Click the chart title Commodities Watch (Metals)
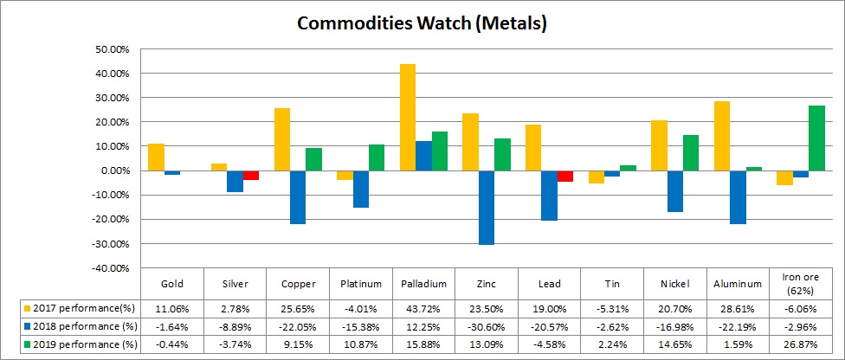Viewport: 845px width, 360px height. click(422, 23)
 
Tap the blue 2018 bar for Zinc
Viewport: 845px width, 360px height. click(487, 208)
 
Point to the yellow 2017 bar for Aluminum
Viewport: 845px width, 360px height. click(721, 136)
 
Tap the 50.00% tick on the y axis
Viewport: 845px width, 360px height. click(110, 49)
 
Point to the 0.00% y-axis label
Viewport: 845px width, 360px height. click(113, 170)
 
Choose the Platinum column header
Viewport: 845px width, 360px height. click(361, 284)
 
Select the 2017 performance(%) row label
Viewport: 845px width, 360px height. click(77, 308)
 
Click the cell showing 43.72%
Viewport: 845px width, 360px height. click(423, 308)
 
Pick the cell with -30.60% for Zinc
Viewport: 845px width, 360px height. click(487, 326)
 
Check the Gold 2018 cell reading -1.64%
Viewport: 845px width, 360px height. click(172, 326)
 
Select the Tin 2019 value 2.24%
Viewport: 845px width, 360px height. click(611, 344)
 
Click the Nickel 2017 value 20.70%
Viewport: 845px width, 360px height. click(674, 308)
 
